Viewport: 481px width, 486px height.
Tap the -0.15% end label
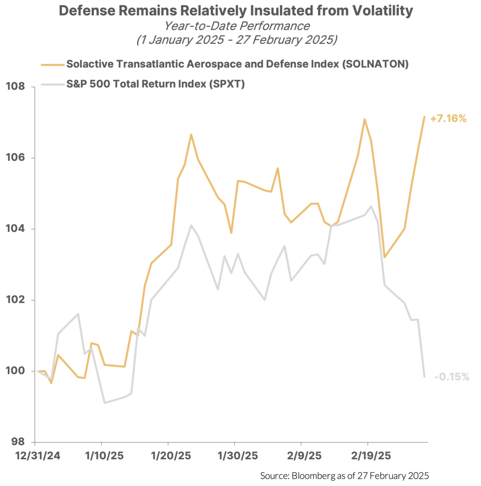coord(451,377)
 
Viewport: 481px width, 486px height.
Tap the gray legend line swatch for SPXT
coord(52,85)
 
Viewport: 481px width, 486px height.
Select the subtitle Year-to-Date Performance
coord(237,26)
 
